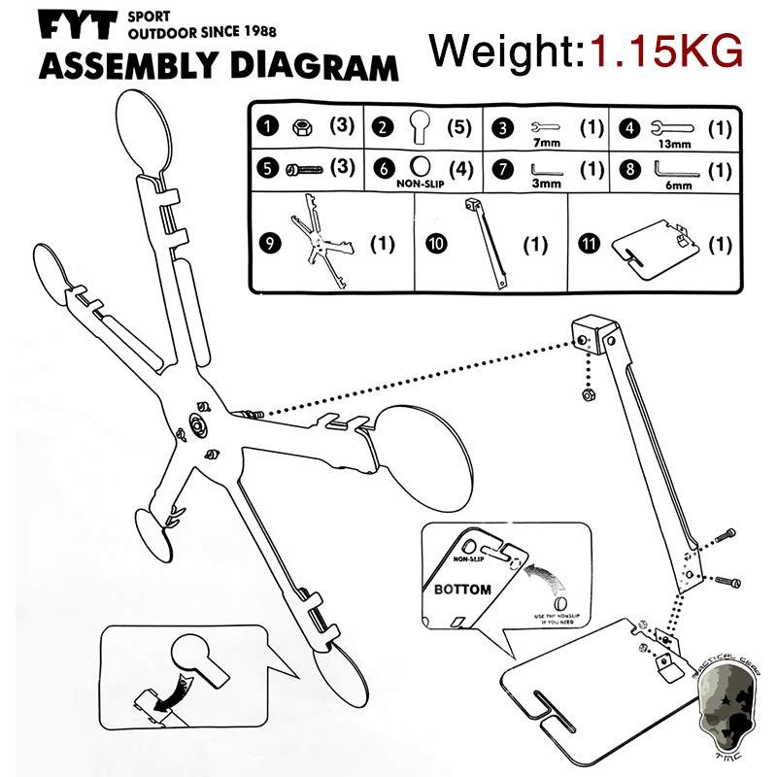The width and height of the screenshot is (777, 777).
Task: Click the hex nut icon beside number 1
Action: (299, 126)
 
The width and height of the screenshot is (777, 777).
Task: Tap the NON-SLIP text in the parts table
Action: (420, 180)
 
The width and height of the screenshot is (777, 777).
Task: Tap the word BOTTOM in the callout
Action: (462, 590)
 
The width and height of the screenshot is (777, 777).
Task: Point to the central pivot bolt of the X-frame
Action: (199, 424)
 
